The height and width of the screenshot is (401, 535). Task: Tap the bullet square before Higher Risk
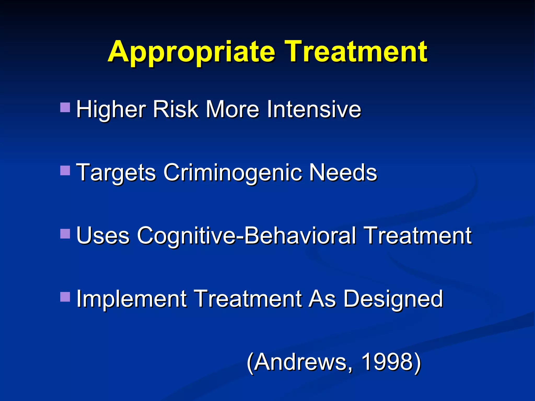65,107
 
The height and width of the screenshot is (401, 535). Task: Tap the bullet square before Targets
65,170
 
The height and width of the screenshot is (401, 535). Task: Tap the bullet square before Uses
65,234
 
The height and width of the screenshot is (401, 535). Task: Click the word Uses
103,236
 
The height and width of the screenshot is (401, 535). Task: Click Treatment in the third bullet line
418,236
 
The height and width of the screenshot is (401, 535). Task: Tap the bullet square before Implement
65,297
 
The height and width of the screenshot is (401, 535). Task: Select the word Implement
131,299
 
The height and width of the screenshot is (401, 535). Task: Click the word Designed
393,299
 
